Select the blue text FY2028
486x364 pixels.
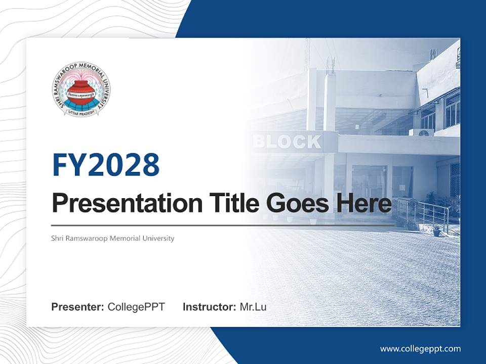(106, 164)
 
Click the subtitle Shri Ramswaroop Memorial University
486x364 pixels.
(113, 238)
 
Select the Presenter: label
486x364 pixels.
(78, 307)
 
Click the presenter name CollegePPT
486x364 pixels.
(136, 307)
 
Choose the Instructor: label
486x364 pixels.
(209, 307)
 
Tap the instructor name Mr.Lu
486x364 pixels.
(253, 307)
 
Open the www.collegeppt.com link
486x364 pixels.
(420, 349)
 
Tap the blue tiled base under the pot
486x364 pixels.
(81, 104)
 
